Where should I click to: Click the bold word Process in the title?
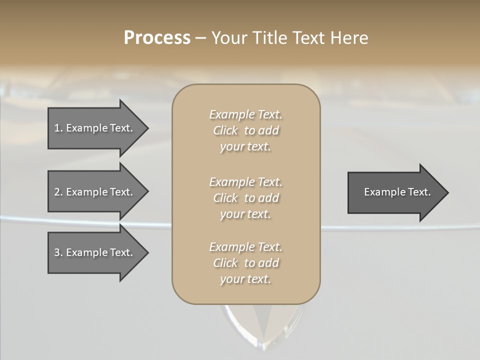point(157,38)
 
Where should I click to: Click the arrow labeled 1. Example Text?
point(95,128)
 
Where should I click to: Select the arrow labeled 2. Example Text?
point(95,192)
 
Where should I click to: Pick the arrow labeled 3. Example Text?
point(95,252)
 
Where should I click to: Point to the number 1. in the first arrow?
point(58,128)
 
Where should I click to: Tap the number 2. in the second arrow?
point(58,192)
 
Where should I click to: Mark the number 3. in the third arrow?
point(58,252)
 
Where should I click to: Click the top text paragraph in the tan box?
point(245,130)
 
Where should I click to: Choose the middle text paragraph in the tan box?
point(245,198)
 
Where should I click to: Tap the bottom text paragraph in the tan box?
point(245,263)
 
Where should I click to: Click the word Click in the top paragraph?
point(225,131)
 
